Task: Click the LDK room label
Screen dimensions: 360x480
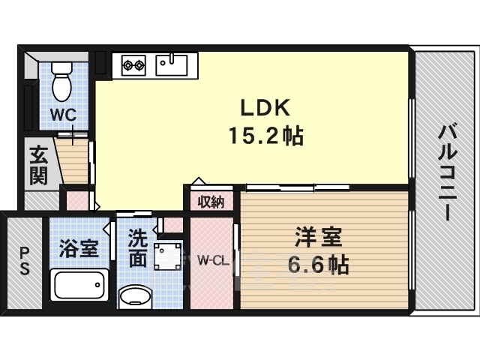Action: point(264,107)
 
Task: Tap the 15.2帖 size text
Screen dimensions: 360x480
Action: point(265,136)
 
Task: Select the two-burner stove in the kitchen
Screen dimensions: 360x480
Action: point(133,65)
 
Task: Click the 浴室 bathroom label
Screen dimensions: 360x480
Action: point(79,248)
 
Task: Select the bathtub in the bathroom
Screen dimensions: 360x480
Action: point(79,286)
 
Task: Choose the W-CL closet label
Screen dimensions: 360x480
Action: point(212,261)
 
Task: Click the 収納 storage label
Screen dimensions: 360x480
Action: point(211,201)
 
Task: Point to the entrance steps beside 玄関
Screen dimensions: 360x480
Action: point(73,161)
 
